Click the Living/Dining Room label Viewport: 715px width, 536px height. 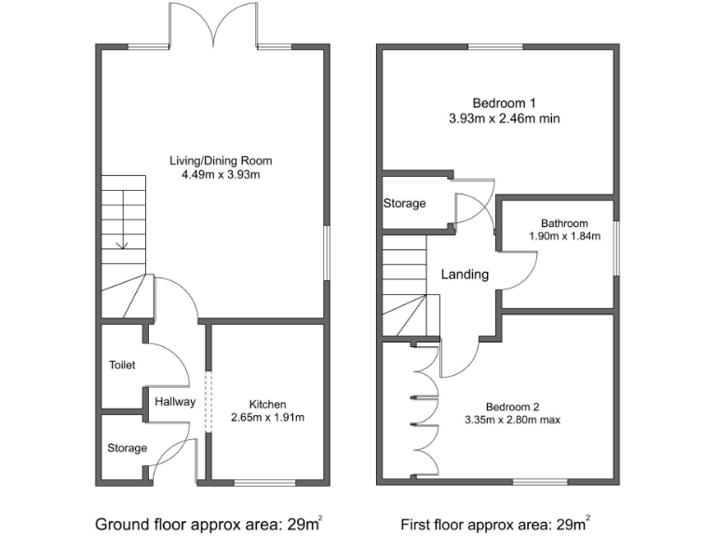pos(221,161)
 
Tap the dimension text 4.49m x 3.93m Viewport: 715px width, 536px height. pos(221,175)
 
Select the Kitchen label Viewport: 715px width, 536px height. pos(267,404)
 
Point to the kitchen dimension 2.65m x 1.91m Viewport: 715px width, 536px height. pos(267,417)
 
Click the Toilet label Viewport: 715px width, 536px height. pos(121,366)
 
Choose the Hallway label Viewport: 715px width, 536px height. pos(175,402)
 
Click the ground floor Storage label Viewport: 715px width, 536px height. pos(127,449)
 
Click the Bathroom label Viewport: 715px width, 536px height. pos(564,223)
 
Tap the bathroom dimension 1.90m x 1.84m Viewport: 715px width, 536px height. pos(564,236)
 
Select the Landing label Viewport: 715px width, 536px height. pos(465,275)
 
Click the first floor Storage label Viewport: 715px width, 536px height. pos(404,204)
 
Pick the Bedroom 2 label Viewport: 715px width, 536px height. pos(512,407)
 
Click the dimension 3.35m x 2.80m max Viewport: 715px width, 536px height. pos(512,420)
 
